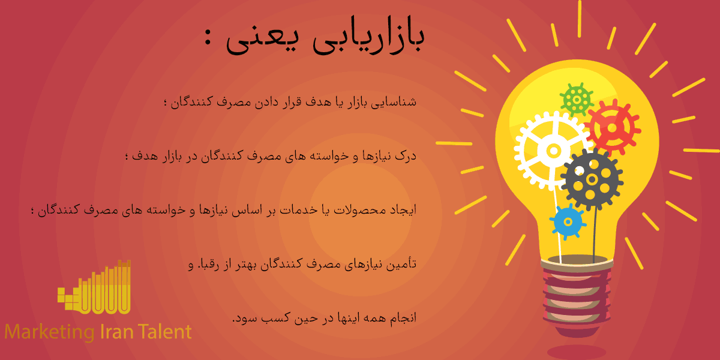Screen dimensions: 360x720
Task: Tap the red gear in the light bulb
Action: coord(612,127)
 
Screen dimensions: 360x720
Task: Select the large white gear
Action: coord(553,149)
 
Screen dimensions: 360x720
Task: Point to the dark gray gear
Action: coord(592,179)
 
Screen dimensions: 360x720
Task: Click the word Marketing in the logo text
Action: coord(49,332)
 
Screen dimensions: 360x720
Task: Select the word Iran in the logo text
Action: coord(118,332)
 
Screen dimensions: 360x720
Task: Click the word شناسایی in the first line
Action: coord(398,101)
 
